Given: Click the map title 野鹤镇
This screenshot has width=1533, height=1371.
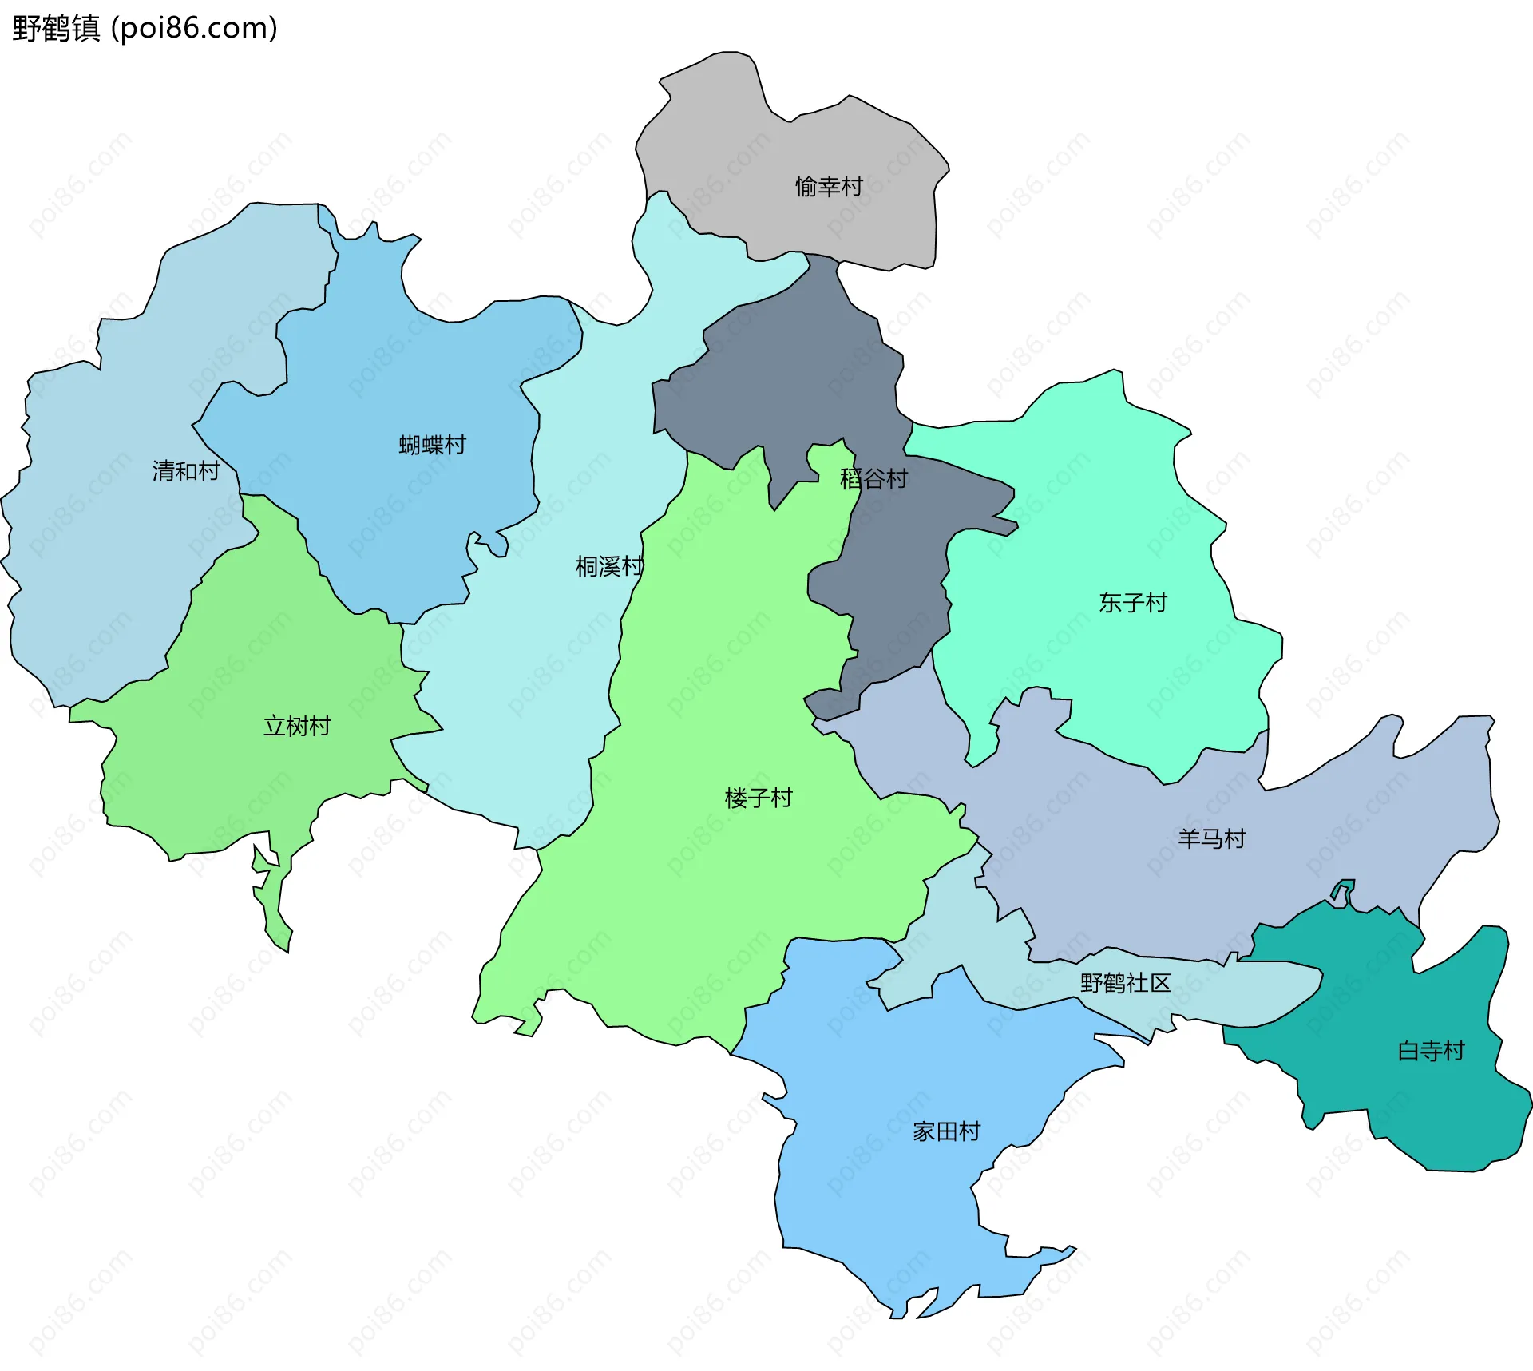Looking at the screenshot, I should coord(56,28).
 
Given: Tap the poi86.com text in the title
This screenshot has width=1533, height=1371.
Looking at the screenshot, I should coord(194,28).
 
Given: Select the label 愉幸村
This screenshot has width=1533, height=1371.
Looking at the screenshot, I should coord(829,187).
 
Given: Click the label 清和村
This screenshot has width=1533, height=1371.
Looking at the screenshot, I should coord(186,471).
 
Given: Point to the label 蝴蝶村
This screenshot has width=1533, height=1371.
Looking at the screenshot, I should coord(432,445).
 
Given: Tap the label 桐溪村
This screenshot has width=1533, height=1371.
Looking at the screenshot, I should coord(608,567).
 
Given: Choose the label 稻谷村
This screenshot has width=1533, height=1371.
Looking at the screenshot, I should coord(873,479).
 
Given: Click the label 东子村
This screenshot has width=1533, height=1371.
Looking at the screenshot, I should coord(1132,603).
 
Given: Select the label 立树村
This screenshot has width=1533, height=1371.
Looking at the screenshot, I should coord(297,727).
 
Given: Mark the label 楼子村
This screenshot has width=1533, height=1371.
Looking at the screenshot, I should coord(758,798).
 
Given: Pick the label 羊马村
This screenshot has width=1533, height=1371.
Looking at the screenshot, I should coord(1211,839).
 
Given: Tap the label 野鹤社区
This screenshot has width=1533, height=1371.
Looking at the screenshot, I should coord(1125,983).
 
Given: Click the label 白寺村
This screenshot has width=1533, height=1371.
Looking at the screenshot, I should coord(1431,1051).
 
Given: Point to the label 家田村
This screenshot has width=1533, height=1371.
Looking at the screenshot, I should coord(946,1132).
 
